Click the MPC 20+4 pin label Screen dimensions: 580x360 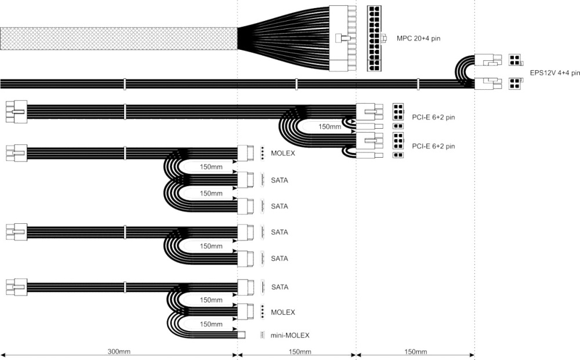coord(418,38)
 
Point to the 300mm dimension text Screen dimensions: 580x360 coord(119,351)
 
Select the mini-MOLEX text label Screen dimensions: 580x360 coord(290,336)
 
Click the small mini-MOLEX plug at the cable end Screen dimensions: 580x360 coord(241,335)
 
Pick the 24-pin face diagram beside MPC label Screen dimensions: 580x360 coord(374,38)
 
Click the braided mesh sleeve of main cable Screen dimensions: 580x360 coord(119,38)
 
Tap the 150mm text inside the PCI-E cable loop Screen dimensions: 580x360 coord(329,127)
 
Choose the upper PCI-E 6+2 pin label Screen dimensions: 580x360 coord(433,118)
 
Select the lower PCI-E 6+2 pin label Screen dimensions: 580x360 coord(433,146)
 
